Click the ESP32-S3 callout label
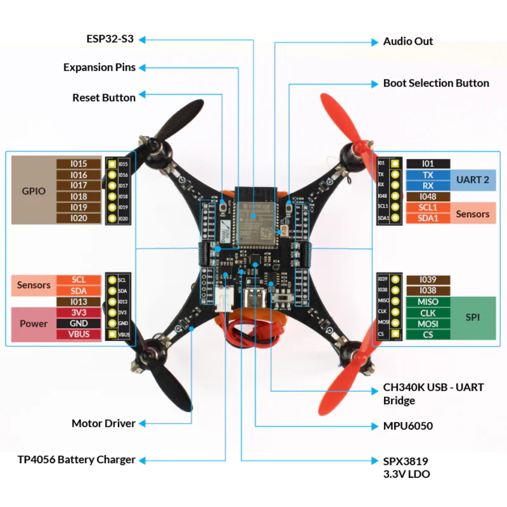tap(110, 39)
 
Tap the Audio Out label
tap(408, 42)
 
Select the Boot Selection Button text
tap(436, 83)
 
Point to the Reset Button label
tap(104, 98)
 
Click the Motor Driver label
tap(104, 423)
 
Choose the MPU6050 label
tap(408, 426)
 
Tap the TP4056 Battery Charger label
tap(76, 460)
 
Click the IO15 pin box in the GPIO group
tap(79, 164)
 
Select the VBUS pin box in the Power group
tap(79, 334)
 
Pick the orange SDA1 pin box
tap(428, 218)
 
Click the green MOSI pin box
tap(428, 324)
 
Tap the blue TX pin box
tap(428, 175)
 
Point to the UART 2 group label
tap(473, 180)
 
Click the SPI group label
tap(473, 317)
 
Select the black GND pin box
tap(79, 323)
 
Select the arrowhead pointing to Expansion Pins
tap(142, 68)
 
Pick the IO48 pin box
tap(428, 197)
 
